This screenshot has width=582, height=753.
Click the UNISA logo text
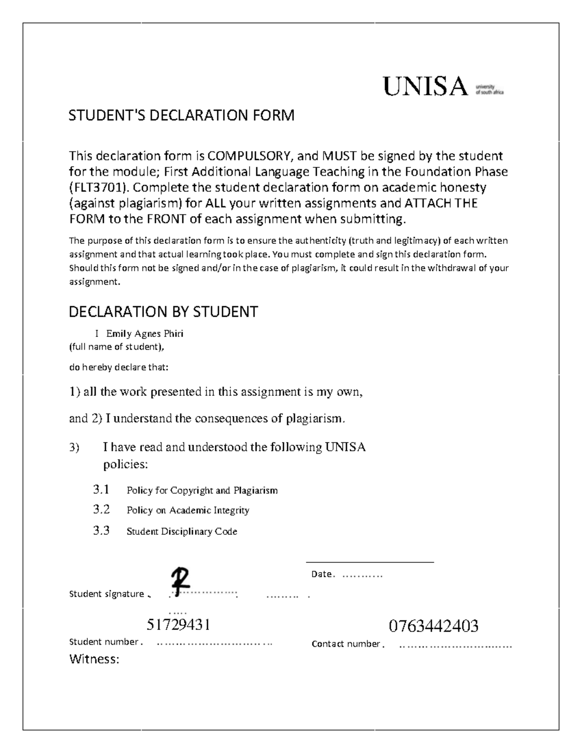(x=425, y=87)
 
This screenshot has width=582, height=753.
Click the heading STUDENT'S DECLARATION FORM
(x=181, y=116)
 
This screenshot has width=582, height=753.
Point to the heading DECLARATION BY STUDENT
(x=163, y=312)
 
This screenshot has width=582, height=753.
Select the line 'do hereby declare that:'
(x=118, y=367)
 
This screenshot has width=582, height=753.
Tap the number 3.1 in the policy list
(x=101, y=489)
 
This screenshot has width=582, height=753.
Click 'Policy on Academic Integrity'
(x=188, y=510)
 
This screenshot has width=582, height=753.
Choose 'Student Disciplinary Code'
(x=182, y=531)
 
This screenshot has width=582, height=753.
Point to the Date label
(x=322, y=575)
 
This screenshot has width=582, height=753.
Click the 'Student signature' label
(x=107, y=594)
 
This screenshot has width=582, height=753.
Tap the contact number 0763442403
(x=434, y=626)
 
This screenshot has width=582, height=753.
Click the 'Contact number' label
(x=346, y=644)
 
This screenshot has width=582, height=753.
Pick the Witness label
(x=94, y=659)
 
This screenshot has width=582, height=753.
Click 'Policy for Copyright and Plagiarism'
(x=202, y=490)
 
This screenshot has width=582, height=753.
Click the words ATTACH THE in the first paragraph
(x=441, y=203)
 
